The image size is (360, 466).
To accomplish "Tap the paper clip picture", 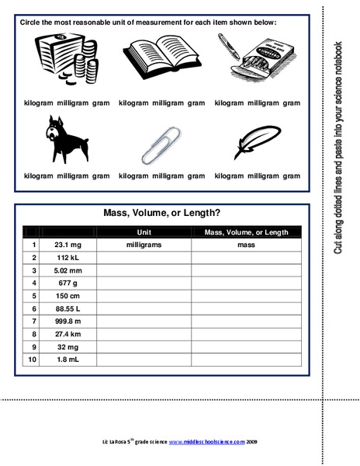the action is (162, 142).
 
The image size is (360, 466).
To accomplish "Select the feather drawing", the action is (255, 141).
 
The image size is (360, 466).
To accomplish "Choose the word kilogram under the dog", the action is (39, 176).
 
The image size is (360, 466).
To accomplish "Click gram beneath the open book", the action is (196, 103).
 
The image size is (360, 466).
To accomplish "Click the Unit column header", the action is (144, 231).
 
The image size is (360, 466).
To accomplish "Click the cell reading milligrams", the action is (144, 245).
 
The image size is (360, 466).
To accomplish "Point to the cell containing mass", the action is (246, 245).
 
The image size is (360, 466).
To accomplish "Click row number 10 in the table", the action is (33, 360).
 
